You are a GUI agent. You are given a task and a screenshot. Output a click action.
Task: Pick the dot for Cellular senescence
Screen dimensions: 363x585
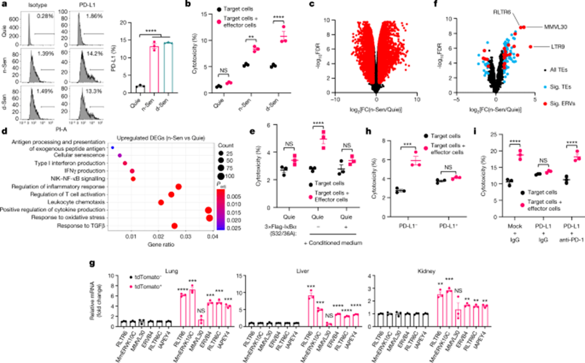coord(119,155)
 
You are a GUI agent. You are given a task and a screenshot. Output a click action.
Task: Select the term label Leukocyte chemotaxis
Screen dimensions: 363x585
coord(72,202)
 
